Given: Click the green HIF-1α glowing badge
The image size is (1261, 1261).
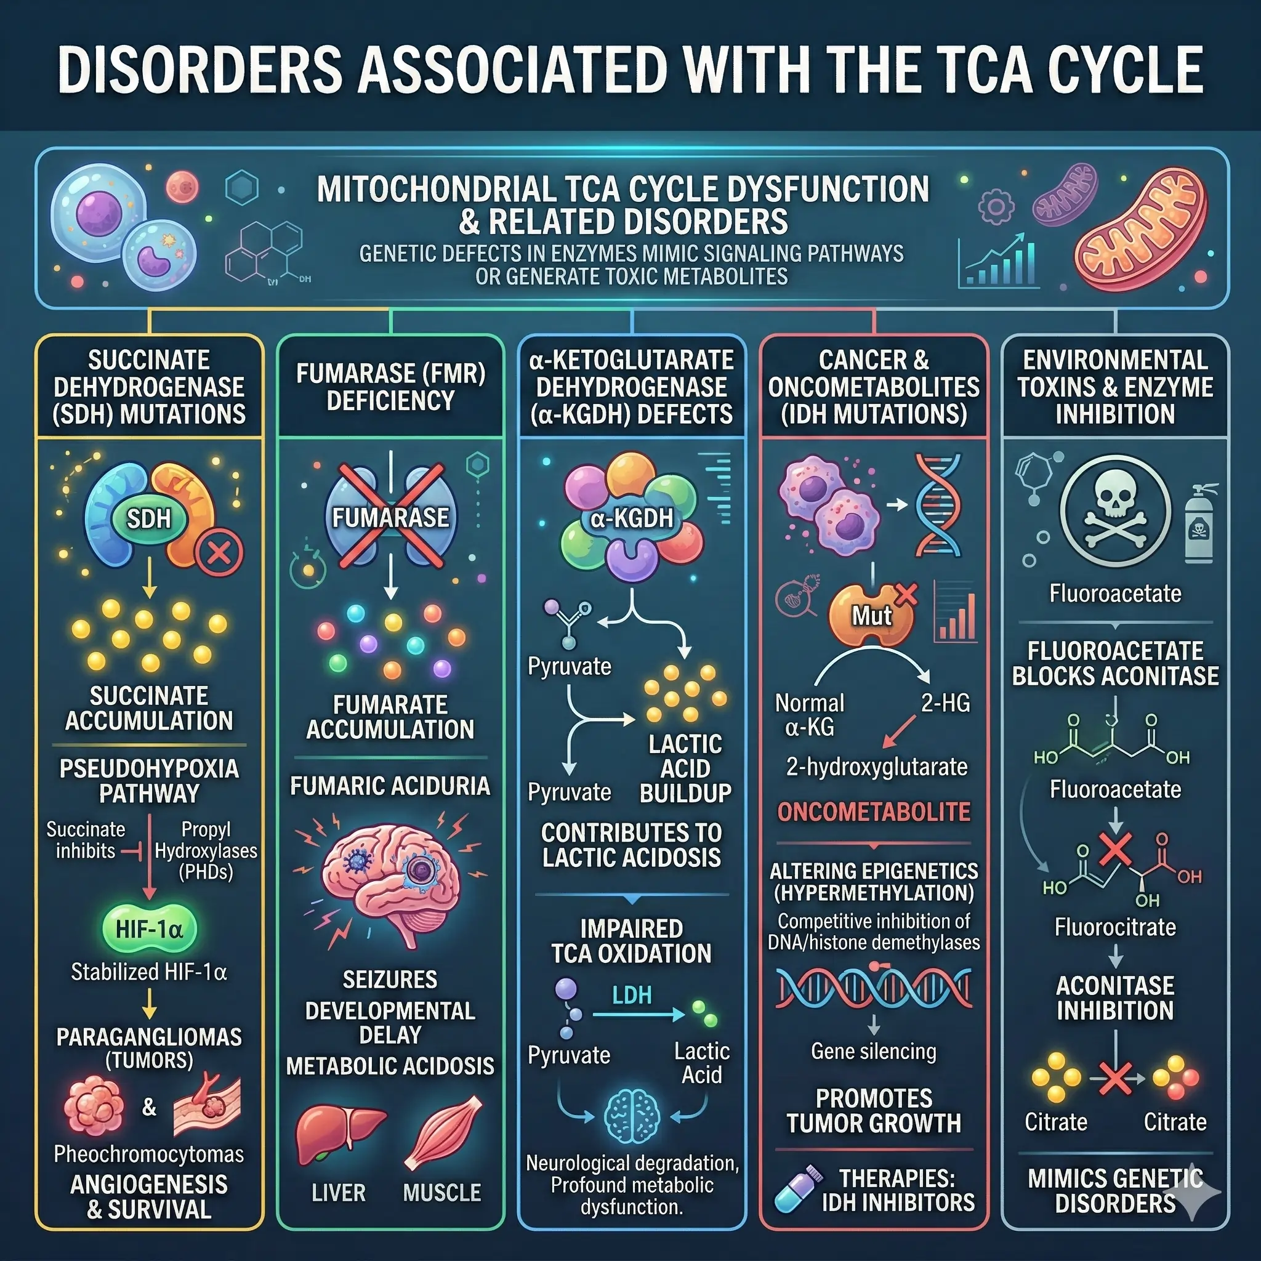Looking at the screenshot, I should [x=149, y=929].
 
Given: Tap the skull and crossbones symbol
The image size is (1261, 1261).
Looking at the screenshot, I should [x=1115, y=509].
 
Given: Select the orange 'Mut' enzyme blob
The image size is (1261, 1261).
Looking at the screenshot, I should [x=871, y=615].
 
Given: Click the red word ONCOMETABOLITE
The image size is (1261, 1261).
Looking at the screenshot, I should [x=873, y=812].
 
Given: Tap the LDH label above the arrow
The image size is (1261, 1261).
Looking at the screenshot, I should [x=631, y=996].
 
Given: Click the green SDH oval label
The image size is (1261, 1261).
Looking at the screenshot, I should [x=149, y=519].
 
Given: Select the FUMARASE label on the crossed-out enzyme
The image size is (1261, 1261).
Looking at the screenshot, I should [x=390, y=518].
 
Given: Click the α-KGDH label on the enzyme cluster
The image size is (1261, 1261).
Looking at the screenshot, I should [x=631, y=518].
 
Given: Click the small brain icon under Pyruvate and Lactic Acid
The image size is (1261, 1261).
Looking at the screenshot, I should [x=631, y=1117].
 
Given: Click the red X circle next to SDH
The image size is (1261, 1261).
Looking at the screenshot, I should [x=219, y=554].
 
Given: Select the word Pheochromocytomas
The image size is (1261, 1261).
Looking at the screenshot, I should [x=149, y=1154].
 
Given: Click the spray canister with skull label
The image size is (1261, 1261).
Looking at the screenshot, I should [x=1199, y=523].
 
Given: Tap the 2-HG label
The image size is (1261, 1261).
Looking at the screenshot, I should [x=945, y=704].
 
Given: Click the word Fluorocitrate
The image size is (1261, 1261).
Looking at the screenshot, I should [x=1115, y=927].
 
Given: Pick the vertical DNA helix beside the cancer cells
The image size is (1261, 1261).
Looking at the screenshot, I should [x=938, y=506].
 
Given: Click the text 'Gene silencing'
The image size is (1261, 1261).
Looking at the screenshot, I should [x=873, y=1051].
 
